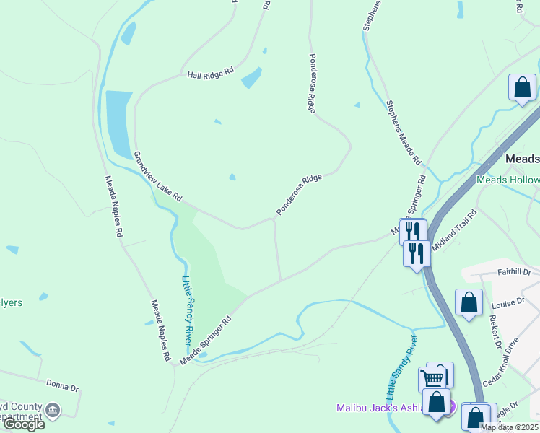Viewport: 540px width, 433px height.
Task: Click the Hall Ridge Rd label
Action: (x=211, y=74)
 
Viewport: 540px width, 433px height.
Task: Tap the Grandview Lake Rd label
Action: (x=157, y=176)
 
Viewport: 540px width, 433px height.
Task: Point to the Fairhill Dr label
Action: (x=513, y=272)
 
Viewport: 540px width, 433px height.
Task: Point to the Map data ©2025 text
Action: (x=509, y=427)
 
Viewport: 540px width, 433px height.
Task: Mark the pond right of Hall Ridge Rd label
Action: (x=251, y=78)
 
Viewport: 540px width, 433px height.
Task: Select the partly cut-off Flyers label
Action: (x=11, y=302)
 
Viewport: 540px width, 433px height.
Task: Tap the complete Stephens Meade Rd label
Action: (x=403, y=133)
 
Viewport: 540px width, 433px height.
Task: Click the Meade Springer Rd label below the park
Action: (x=206, y=338)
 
